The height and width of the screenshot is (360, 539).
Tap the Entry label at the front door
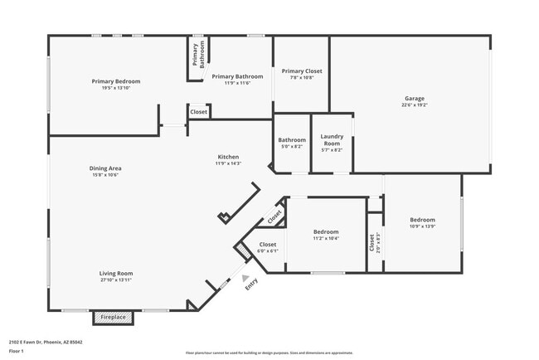point(250,283)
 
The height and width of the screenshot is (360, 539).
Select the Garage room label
point(414,98)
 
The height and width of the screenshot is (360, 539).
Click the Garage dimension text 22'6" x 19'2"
point(414,105)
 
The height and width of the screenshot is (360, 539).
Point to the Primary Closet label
point(302,71)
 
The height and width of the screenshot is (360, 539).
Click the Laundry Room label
point(332,140)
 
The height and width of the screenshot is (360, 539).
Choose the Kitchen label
point(228,156)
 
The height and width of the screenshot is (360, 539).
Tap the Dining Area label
point(105,168)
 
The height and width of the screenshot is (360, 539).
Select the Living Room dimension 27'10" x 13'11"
point(116,280)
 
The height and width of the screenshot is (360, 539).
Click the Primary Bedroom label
point(115,81)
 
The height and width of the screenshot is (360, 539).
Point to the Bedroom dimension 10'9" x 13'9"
point(422,226)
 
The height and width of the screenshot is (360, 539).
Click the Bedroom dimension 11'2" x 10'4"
point(326,239)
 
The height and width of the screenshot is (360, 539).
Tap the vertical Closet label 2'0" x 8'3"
point(372,243)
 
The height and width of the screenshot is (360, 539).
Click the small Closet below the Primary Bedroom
point(199,111)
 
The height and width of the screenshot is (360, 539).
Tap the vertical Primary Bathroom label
point(197,54)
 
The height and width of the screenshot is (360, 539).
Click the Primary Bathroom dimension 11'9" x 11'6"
point(231,83)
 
